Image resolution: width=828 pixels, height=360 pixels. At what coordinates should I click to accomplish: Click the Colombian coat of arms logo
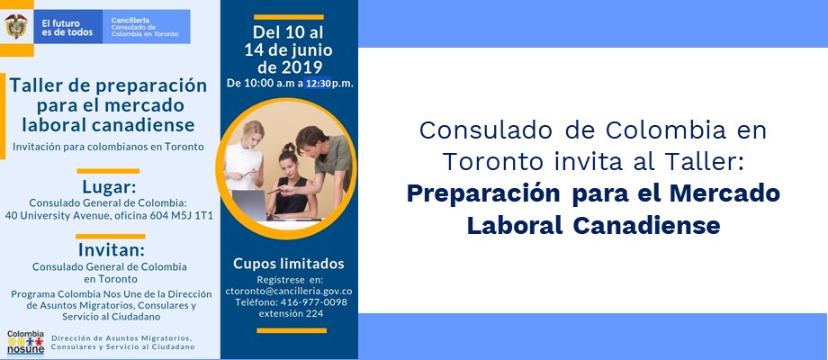16,26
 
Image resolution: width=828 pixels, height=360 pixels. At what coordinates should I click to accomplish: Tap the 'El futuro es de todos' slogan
67,27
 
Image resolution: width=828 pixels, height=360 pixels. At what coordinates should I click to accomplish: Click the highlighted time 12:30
318,84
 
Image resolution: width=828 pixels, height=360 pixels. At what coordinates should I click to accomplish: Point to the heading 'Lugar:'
109,187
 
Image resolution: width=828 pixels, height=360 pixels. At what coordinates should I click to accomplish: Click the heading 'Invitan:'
112,249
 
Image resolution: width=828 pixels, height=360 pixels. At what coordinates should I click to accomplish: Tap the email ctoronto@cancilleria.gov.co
289,291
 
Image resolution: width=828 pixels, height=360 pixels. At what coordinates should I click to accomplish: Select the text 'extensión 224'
291,313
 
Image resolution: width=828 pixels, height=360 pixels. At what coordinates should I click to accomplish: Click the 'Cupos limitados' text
289,264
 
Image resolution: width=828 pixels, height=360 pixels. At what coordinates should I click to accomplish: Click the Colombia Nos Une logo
25,343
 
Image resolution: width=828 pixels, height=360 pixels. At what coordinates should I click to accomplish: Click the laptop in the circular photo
250,205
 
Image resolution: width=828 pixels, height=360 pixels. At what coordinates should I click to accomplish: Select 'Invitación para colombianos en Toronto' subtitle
107,147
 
